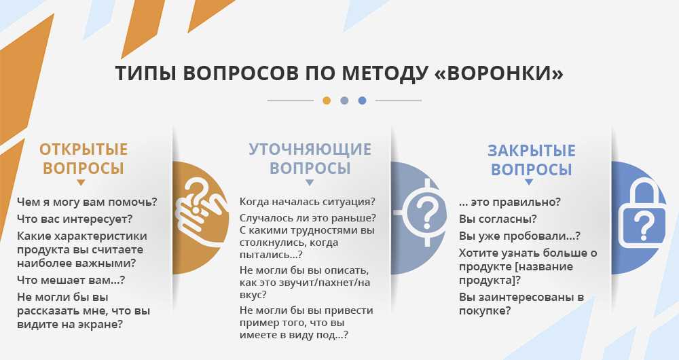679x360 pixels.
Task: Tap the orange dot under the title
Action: pyautogui.click(x=327, y=101)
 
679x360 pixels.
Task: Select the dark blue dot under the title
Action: pyautogui.click(x=362, y=101)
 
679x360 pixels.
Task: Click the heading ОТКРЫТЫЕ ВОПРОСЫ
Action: pyautogui.click(x=84, y=158)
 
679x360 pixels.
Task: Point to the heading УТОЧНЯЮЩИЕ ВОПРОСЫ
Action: pyautogui.click(x=310, y=158)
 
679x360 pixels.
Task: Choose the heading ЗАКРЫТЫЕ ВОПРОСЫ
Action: pyautogui.click(x=532, y=160)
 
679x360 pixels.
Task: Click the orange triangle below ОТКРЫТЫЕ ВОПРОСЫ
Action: pyautogui.click(x=81, y=183)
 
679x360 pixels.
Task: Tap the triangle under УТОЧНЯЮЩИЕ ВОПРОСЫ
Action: pyautogui.click(x=309, y=183)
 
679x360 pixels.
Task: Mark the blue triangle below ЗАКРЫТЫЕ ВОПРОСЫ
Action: pyautogui.click(x=529, y=183)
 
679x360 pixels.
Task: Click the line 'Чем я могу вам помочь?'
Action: pyautogui.click(x=87, y=202)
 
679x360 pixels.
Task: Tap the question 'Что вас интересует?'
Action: pyautogui.click(x=75, y=219)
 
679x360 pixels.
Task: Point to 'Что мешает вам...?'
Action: pyautogui.click(x=71, y=280)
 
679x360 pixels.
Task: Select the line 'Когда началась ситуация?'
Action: pyautogui.click(x=308, y=202)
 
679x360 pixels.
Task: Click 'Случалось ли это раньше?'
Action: pyautogui.click(x=308, y=218)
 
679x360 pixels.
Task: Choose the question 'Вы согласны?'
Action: pyautogui.click(x=498, y=219)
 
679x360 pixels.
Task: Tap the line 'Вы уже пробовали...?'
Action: pyautogui.click(x=519, y=236)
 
